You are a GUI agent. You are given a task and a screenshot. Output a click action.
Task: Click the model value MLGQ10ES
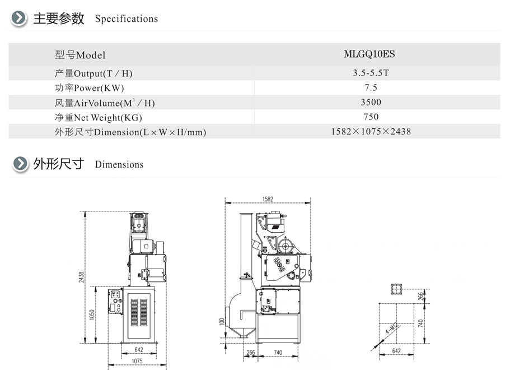(x=369, y=54)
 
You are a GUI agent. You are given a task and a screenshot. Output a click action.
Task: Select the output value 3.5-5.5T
(x=371, y=73)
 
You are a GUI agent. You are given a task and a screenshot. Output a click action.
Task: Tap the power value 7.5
(x=371, y=87)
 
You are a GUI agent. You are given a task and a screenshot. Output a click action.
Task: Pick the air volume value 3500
(x=371, y=102)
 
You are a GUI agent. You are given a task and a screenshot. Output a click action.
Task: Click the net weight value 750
(x=371, y=117)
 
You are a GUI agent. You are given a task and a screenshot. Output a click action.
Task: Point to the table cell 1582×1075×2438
(x=371, y=132)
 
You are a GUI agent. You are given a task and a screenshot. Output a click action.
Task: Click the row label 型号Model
(x=80, y=54)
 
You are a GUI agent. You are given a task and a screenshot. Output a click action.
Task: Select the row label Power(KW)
(x=99, y=88)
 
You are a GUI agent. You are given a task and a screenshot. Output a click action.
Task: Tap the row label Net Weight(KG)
(x=108, y=117)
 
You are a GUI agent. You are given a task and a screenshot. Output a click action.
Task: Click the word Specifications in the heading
(x=127, y=18)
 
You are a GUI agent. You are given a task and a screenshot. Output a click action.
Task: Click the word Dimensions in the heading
(x=119, y=164)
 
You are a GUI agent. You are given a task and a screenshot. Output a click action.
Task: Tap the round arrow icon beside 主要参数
(x=18, y=18)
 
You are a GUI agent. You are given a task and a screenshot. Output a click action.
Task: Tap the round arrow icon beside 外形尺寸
(x=20, y=164)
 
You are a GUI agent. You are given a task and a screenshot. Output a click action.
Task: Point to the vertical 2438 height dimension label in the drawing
(x=81, y=277)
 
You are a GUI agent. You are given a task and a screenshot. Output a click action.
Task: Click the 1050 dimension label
(x=92, y=314)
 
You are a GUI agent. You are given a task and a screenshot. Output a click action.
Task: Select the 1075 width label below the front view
(x=137, y=361)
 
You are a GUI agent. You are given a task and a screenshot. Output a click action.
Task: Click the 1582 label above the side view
(x=268, y=199)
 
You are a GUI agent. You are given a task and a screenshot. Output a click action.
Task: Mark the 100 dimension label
(x=222, y=322)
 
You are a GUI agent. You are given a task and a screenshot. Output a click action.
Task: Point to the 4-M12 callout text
(x=392, y=328)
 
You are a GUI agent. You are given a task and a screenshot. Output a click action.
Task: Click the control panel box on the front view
(x=115, y=301)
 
